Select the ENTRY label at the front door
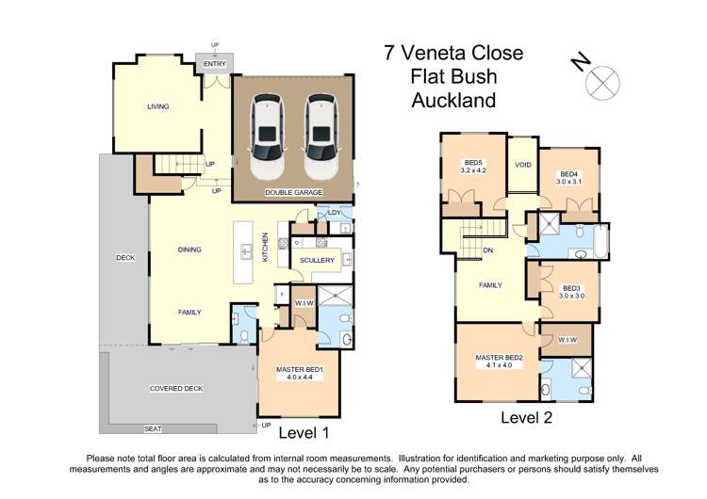point(215,64)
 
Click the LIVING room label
point(157,106)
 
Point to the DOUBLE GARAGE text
point(293,193)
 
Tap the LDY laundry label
point(334,213)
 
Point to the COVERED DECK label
point(176,388)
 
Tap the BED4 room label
point(568,173)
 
